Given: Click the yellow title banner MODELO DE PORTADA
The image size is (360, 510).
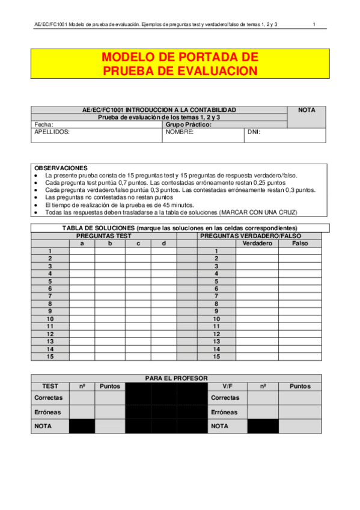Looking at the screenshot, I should pos(180,64).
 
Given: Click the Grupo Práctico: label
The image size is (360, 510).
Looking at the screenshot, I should pos(189,124).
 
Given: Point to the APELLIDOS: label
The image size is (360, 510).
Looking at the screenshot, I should pos(52,132).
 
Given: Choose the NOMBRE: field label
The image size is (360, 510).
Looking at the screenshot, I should pos(180,132).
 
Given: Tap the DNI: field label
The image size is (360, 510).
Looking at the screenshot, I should pos(254,132).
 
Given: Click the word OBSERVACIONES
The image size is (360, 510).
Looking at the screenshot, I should pos(61,168).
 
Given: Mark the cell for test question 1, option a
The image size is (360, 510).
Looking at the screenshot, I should pos(82,251).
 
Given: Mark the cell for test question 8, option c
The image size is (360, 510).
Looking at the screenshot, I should pos(138,304).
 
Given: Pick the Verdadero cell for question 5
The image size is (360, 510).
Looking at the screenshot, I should pos(257,281).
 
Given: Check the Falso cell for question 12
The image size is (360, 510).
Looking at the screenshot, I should pos(299,334).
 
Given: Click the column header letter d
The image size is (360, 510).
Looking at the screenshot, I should pos(163,244).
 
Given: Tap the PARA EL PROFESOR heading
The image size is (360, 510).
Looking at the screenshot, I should pos(177,378).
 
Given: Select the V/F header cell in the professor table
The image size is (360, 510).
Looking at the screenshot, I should pos(228,386).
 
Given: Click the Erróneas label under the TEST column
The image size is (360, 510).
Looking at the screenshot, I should pos(47,412).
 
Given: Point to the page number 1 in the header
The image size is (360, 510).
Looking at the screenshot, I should pos(314,24).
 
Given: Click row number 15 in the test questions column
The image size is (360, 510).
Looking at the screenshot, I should pos(50,356).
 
